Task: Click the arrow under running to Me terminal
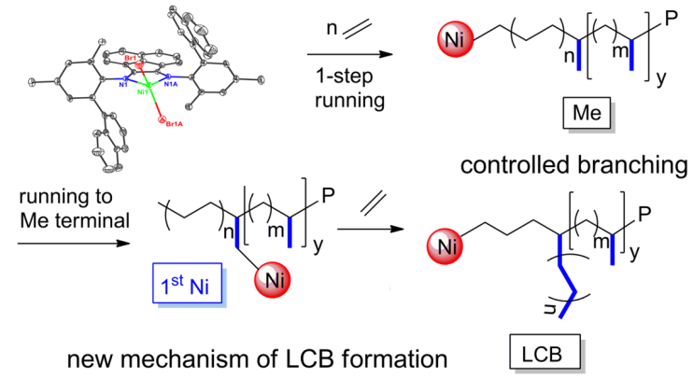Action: [64, 240]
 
